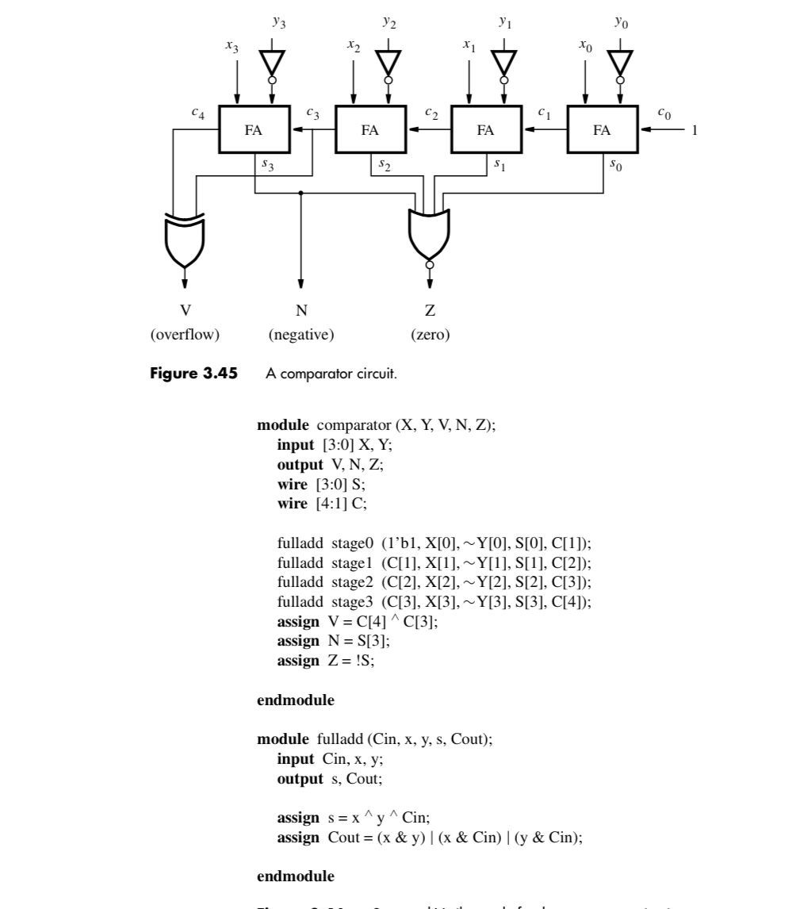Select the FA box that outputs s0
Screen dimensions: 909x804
pos(602,130)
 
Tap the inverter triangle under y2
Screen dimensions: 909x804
pos(388,62)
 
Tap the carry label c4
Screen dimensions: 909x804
pos(197,113)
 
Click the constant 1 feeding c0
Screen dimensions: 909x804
pos(695,130)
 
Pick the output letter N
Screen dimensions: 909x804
pos(301,312)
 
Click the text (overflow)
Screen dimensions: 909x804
pos(185,335)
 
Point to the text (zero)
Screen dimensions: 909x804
pos(430,335)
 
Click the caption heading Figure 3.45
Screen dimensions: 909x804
pos(193,374)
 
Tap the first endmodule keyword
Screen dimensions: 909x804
pos(295,700)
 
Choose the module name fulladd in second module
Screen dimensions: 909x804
pos(339,739)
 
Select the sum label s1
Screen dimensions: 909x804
pos(498,164)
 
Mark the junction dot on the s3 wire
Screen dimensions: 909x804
pos(301,193)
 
